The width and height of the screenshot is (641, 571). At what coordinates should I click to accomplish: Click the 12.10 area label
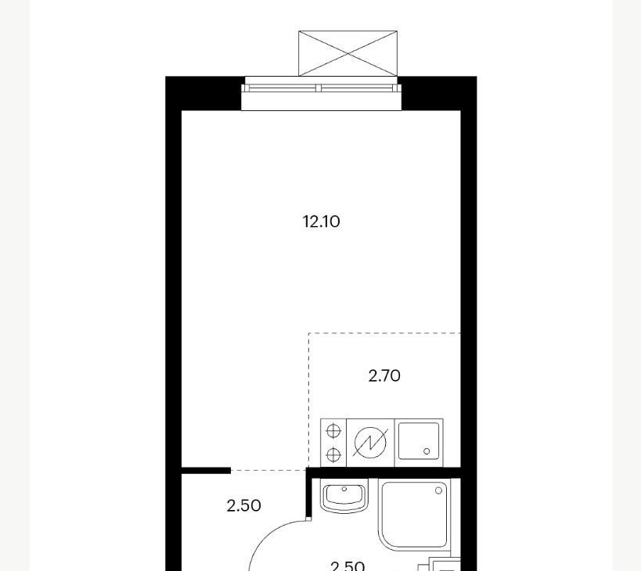(x=322, y=222)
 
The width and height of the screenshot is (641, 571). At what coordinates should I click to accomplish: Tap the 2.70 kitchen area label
(x=384, y=375)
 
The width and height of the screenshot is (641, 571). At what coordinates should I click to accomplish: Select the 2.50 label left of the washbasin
(x=243, y=506)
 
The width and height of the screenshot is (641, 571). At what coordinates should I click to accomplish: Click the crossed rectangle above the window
(x=348, y=53)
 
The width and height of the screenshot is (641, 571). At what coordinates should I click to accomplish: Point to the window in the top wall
(x=322, y=94)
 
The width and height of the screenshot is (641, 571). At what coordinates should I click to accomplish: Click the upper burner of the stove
(x=333, y=430)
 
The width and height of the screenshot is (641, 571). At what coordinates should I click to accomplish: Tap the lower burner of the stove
(x=333, y=454)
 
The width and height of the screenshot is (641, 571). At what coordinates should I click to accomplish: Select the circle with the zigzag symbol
(x=370, y=444)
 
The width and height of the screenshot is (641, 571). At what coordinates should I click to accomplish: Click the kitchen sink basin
(x=419, y=441)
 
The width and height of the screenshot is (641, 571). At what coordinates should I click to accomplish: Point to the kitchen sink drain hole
(x=427, y=451)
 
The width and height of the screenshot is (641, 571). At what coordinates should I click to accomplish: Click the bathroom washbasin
(x=344, y=496)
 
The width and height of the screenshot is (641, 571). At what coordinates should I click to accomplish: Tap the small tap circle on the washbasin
(x=344, y=489)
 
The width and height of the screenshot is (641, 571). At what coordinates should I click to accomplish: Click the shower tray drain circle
(x=438, y=490)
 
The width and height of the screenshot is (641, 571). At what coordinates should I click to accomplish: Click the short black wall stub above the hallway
(x=206, y=471)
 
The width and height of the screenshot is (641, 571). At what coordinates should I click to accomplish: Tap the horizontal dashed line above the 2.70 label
(x=385, y=333)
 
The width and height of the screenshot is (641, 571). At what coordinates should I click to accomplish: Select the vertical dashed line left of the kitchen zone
(x=309, y=400)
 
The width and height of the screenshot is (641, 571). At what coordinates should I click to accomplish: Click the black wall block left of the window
(x=203, y=94)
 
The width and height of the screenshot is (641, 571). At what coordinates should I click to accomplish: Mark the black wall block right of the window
(x=437, y=94)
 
